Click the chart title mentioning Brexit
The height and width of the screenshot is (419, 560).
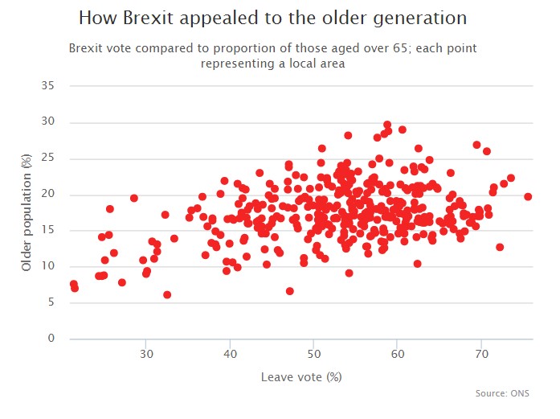coord(273,17)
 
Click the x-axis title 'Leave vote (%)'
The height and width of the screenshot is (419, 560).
coord(301,376)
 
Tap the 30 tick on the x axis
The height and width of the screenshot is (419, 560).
coord(146,355)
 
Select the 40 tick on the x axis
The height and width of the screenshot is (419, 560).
coord(230,355)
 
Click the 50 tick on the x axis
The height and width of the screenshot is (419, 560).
coord(314,355)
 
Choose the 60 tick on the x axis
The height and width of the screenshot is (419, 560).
coord(398,355)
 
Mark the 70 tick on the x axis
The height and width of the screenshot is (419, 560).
coord(481,355)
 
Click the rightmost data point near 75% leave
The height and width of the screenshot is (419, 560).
coord(528,196)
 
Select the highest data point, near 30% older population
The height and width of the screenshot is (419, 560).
coord(387,125)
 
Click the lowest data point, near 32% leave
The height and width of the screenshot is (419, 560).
coord(167,294)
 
